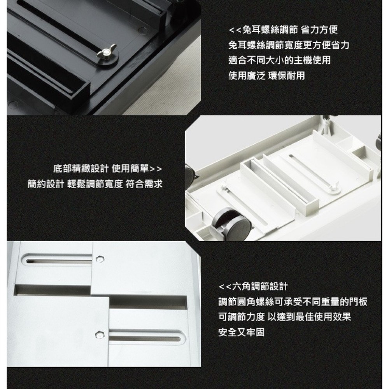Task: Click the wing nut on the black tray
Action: [x=106, y=51]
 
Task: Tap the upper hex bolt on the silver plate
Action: [x=100, y=259]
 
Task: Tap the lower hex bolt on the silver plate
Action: [x=100, y=335]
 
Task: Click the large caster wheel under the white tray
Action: [x=230, y=224]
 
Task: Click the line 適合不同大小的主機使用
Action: [x=280, y=60]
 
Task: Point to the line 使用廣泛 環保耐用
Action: [x=267, y=76]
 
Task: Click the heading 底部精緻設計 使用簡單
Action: [x=101, y=168]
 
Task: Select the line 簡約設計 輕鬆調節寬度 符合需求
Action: [x=95, y=184]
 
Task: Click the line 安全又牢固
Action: [x=242, y=332]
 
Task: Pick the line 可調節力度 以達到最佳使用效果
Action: [x=285, y=317]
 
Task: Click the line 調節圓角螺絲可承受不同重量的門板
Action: [x=293, y=302]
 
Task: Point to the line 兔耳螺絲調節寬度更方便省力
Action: [x=289, y=45]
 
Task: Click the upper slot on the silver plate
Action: [x=58, y=261]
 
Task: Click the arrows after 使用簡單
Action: [x=156, y=169]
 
